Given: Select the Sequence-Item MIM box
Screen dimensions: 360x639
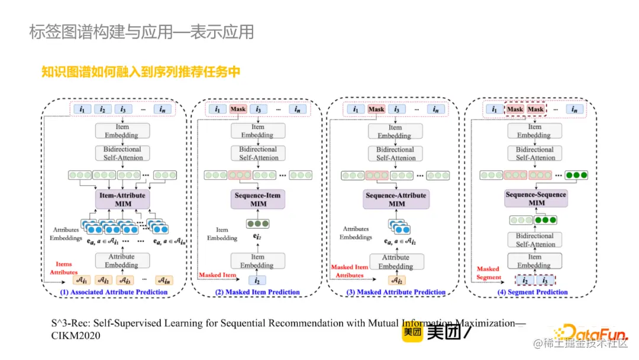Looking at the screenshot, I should (258, 199).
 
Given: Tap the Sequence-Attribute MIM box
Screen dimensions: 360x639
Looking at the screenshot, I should (396, 199).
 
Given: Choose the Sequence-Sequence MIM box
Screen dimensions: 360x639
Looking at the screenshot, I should (535, 198).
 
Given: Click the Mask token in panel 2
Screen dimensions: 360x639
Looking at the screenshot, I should (238, 110).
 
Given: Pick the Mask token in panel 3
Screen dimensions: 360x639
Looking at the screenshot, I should (376, 110).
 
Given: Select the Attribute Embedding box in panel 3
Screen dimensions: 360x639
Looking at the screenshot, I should (396, 261).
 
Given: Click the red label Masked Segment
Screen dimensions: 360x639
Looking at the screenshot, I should (488, 273).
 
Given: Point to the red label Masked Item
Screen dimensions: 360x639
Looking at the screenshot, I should (217, 275).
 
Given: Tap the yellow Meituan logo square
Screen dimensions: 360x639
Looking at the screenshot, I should (413, 333).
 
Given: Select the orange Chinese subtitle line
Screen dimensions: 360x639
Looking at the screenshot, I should (141, 72).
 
